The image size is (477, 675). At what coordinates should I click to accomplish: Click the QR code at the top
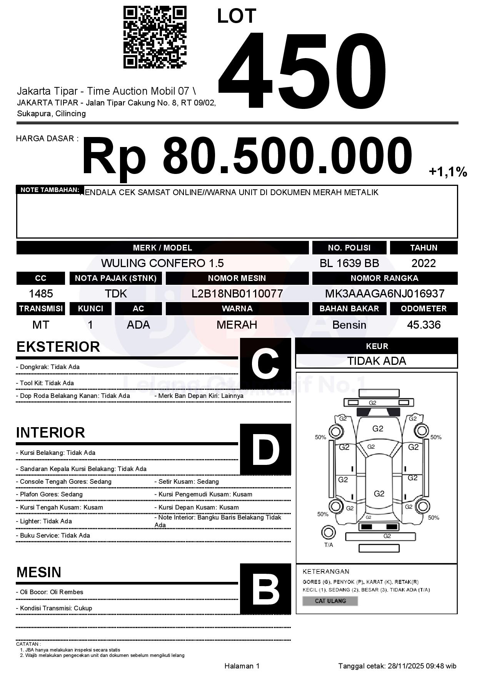155,37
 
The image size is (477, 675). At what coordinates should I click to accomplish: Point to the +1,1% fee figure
448,172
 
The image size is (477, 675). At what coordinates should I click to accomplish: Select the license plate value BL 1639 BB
349,263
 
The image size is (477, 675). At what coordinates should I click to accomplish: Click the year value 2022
424,263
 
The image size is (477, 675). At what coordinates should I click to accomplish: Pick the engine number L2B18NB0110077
237,294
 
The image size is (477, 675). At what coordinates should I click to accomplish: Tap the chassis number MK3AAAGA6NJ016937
385,294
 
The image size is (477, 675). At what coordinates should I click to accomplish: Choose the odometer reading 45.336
424,325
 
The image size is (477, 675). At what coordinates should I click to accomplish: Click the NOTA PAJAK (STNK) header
116,278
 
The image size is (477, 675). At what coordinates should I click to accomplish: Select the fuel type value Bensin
349,325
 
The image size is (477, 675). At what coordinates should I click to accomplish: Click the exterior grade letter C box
265,364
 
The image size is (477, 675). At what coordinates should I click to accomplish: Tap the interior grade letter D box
265,449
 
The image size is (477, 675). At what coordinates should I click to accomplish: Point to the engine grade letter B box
265,589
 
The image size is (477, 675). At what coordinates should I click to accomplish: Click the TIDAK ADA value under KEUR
377,361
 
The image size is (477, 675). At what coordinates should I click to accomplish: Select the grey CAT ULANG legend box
330,601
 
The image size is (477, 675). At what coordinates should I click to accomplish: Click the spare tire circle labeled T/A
328,533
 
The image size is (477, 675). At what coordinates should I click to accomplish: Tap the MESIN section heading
39,572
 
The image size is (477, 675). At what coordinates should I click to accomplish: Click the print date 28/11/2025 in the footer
405,666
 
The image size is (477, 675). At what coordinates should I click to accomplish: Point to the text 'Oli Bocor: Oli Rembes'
52,592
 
